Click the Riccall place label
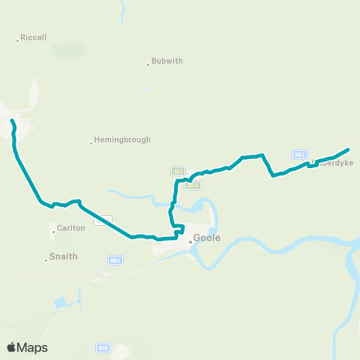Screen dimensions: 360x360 (x=34, y=37)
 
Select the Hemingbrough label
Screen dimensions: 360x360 (x=123, y=139)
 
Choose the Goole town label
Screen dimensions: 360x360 (x=206, y=238)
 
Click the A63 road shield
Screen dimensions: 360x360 (x=178, y=171)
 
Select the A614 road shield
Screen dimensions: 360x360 (x=192, y=184)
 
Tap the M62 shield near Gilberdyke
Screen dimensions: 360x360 (x=300, y=154)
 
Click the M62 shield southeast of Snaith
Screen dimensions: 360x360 (x=115, y=260)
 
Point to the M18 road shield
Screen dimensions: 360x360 (x=103, y=348)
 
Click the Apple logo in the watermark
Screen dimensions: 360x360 (x=12, y=347)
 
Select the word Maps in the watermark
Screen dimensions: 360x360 (x=34, y=347)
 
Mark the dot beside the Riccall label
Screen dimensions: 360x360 (x=18, y=40)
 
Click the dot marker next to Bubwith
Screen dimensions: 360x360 (x=148, y=64)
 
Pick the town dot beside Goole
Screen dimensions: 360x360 (x=190, y=241)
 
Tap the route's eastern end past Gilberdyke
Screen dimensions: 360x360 (x=348, y=149)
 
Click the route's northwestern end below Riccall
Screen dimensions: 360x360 (x=12, y=120)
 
